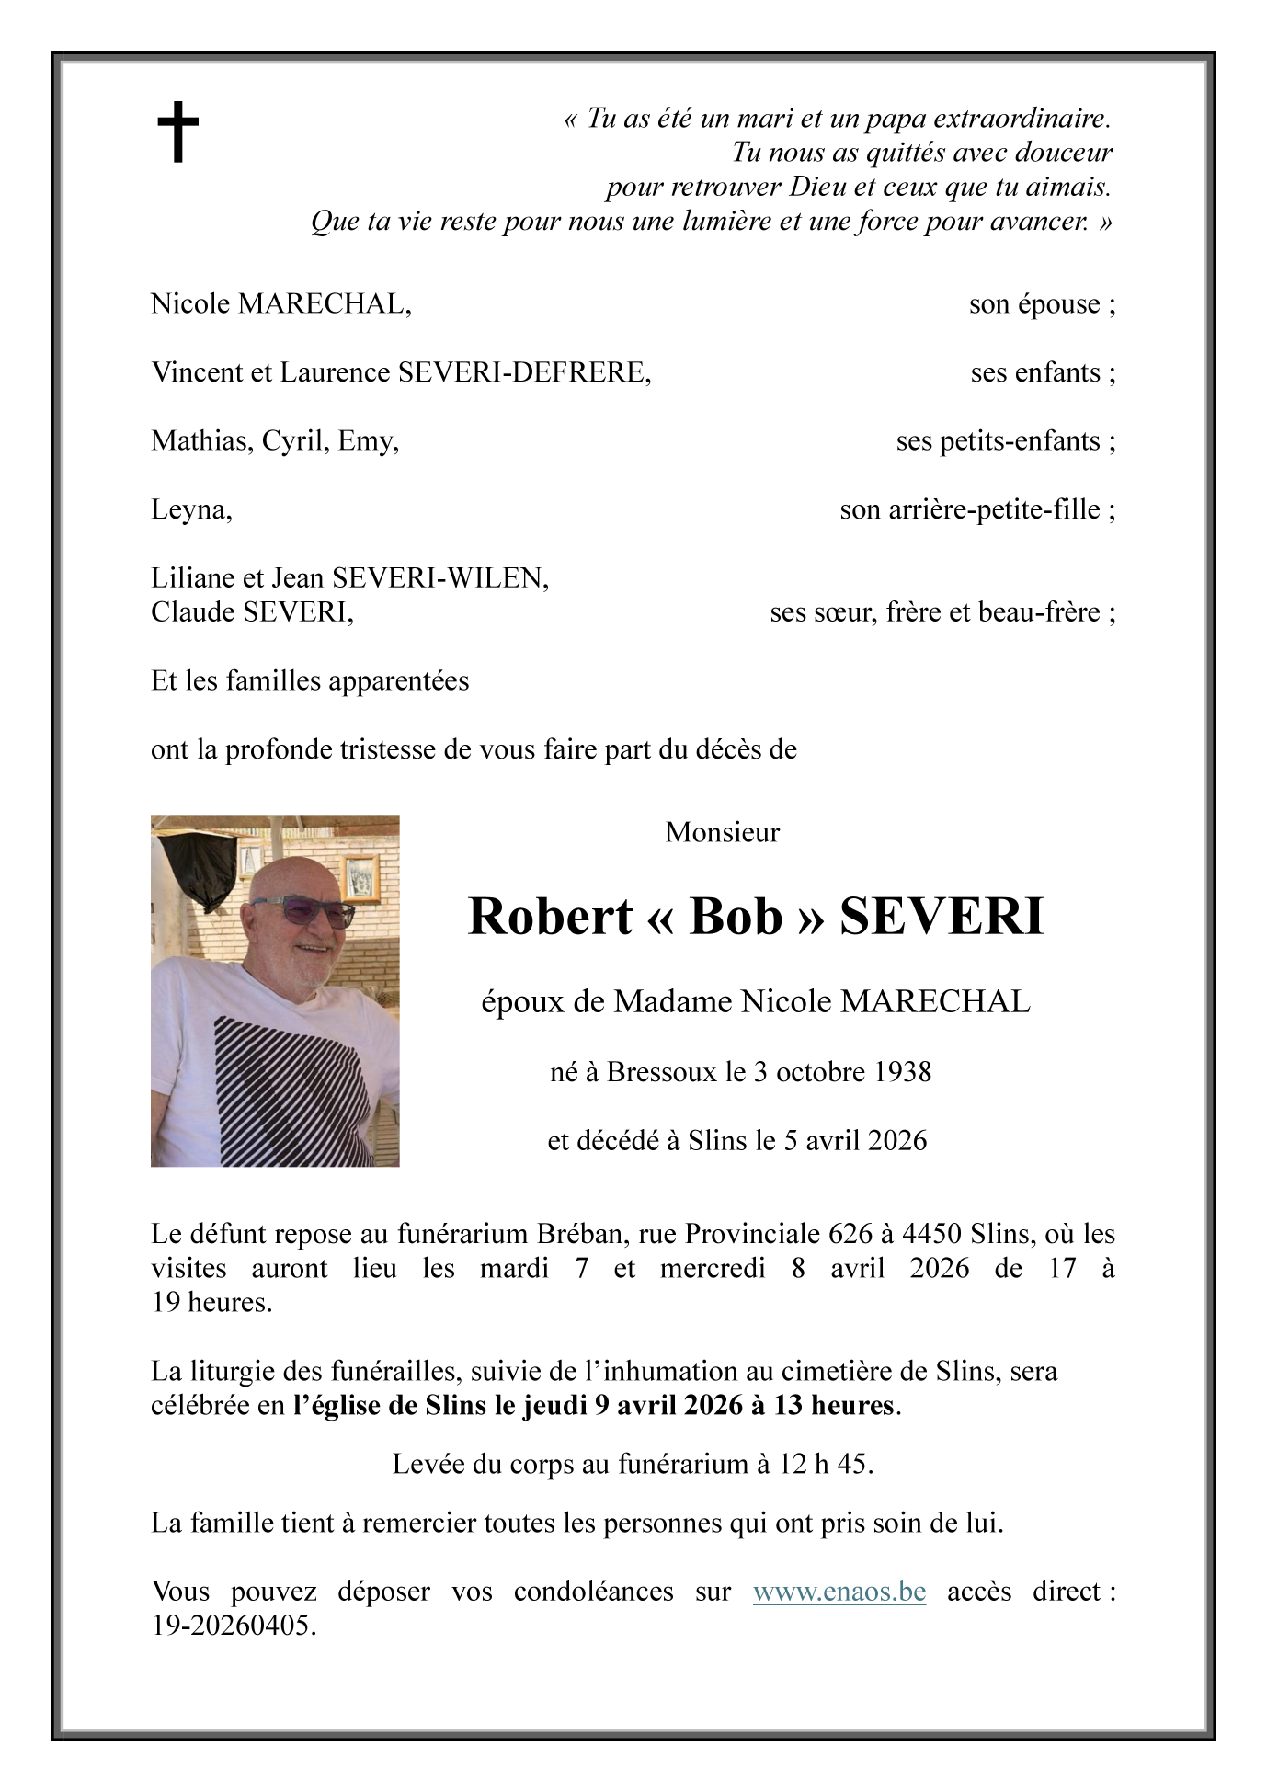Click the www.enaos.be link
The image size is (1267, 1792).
(839, 1592)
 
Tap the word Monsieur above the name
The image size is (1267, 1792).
(722, 832)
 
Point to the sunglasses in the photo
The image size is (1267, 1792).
(303, 912)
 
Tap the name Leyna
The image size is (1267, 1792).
(190, 509)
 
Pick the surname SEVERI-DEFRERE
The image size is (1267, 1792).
(523, 372)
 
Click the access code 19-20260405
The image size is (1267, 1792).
(233, 1626)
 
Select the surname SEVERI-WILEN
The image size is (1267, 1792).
(439, 578)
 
